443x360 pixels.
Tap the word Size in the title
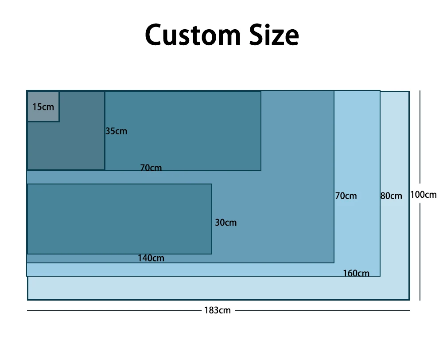pyautogui.click(x=273, y=35)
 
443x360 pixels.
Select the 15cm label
pyautogui.click(x=43, y=107)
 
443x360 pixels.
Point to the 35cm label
pyautogui.click(x=116, y=131)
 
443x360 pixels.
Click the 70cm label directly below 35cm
pyautogui.click(x=151, y=168)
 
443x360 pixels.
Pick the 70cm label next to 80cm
pyautogui.click(x=346, y=196)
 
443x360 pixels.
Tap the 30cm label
pyautogui.click(x=226, y=223)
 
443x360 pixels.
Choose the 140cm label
pyautogui.click(x=151, y=258)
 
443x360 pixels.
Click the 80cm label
pyautogui.click(x=392, y=196)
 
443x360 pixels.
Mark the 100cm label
pyautogui.click(x=424, y=195)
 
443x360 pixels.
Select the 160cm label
pyautogui.click(x=356, y=273)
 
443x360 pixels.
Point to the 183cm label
pyautogui.click(x=218, y=310)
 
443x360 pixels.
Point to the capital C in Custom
pyautogui.click(x=155, y=35)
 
